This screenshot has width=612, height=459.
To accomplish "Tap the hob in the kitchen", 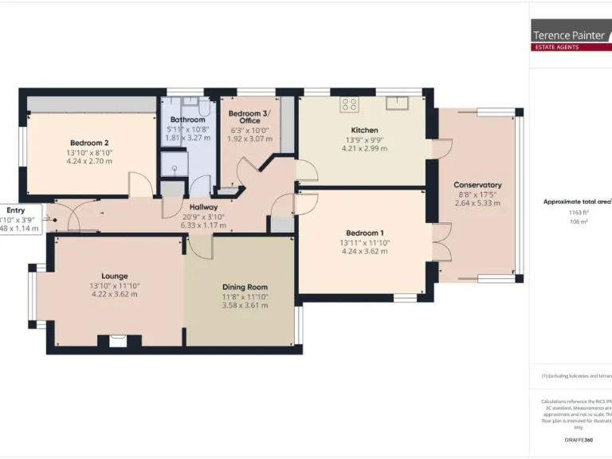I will coord(349,104).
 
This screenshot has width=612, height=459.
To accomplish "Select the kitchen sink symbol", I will coord(396,102).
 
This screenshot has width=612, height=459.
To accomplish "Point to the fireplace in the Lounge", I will coord(118,341).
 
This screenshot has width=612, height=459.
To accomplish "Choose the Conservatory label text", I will coord(477,185).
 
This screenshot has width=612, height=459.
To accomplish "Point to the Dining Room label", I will coord(245,287).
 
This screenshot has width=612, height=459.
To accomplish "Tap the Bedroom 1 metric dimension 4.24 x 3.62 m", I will coord(364,251).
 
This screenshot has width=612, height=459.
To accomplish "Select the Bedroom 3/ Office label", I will coord(249,116).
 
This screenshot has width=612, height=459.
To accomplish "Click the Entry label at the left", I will coord(16,210).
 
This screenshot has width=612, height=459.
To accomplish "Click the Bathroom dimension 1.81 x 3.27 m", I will coord(187,137).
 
